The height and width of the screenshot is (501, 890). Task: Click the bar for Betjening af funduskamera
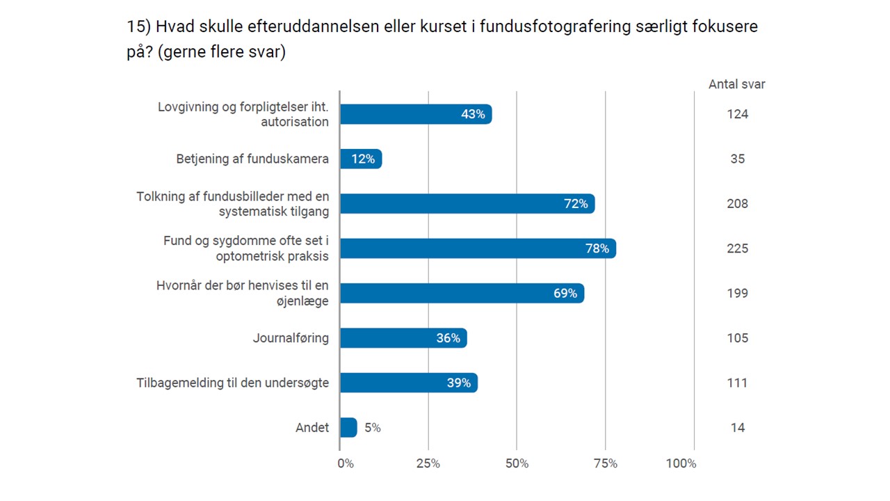click(x=361, y=159)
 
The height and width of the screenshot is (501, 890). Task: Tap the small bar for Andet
click(x=348, y=427)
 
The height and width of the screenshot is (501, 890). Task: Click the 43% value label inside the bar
click(x=473, y=114)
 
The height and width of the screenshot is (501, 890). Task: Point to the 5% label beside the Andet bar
click(x=373, y=428)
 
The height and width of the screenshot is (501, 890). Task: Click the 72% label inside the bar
click(x=576, y=204)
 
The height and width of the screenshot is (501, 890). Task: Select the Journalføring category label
click(x=291, y=338)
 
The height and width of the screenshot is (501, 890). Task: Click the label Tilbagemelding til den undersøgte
click(x=232, y=383)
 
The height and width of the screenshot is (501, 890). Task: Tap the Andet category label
click(x=312, y=427)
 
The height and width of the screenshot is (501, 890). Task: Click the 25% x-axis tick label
click(x=428, y=463)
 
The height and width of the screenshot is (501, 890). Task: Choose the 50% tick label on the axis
click(x=517, y=463)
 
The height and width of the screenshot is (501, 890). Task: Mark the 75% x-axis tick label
click(x=606, y=463)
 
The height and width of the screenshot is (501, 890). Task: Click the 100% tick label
click(x=681, y=463)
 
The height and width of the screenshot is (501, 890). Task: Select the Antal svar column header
click(x=737, y=84)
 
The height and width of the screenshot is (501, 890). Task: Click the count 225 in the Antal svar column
click(x=738, y=248)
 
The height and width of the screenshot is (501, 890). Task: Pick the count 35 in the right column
click(x=738, y=159)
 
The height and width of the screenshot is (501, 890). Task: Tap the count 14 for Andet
click(x=738, y=427)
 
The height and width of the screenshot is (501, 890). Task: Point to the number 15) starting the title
click(x=138, y=27)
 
